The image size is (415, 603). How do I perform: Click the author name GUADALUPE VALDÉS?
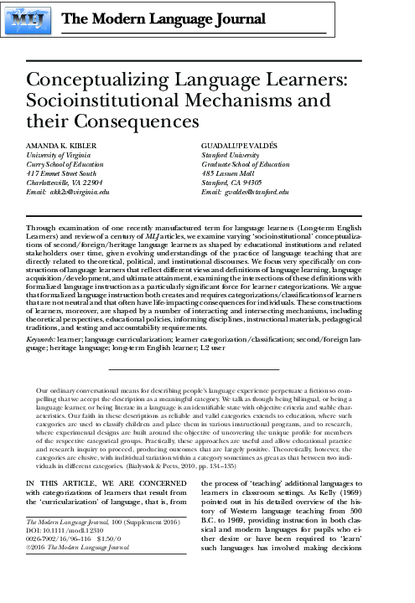coord(239,145)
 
